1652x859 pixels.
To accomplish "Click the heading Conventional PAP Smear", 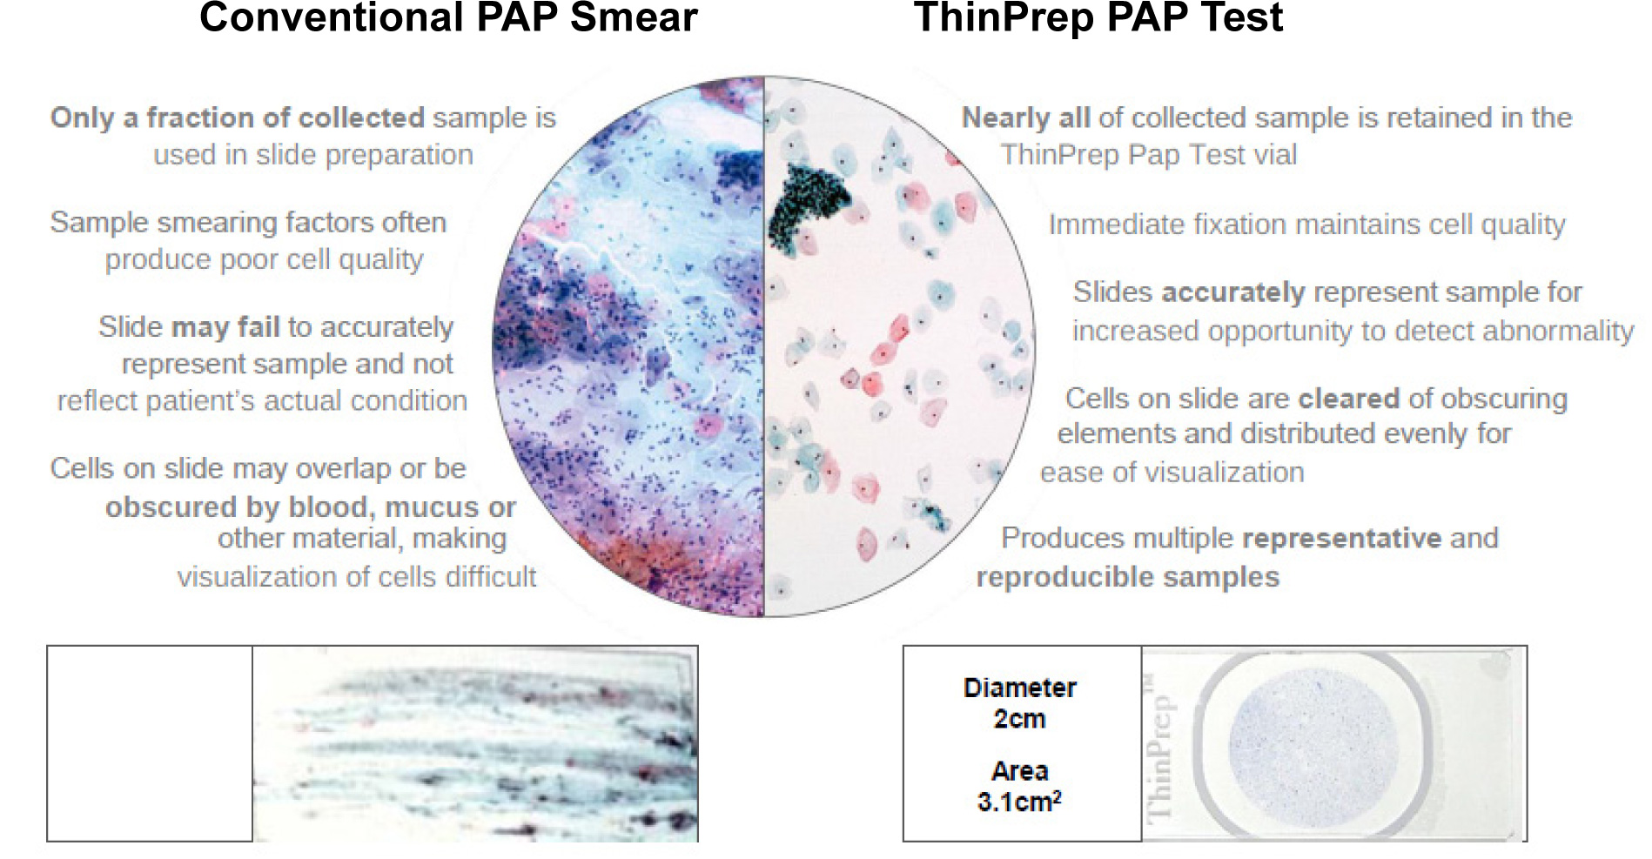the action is (x=448, y=17).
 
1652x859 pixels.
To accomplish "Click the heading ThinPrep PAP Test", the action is (x=1098, y=17).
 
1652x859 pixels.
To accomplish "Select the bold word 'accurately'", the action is (x=1232, y=292).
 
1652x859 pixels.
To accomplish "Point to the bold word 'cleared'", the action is (x=1349, y=399).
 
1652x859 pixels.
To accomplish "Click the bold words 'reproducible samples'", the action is (x=1128, y=577).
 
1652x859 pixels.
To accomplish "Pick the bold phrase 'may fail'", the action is (x=226, y=327).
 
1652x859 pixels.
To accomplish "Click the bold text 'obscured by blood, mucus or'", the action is (x=311, y=507).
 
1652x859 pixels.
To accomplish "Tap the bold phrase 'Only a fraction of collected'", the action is (x=238, y=117).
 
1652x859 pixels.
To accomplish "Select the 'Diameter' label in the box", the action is (x=1020, y=688).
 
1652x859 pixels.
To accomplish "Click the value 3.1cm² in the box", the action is (x=1019, y=801).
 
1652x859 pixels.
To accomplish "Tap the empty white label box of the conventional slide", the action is (x=150, y=743).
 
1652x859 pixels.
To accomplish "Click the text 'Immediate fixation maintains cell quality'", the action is (x=1307, y=225).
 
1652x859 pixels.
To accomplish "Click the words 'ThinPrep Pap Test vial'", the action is (x=1149, y=155).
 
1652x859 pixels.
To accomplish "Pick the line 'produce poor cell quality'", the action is (x=265, y=259).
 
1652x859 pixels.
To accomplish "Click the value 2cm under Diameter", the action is (x=1020, y=719).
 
